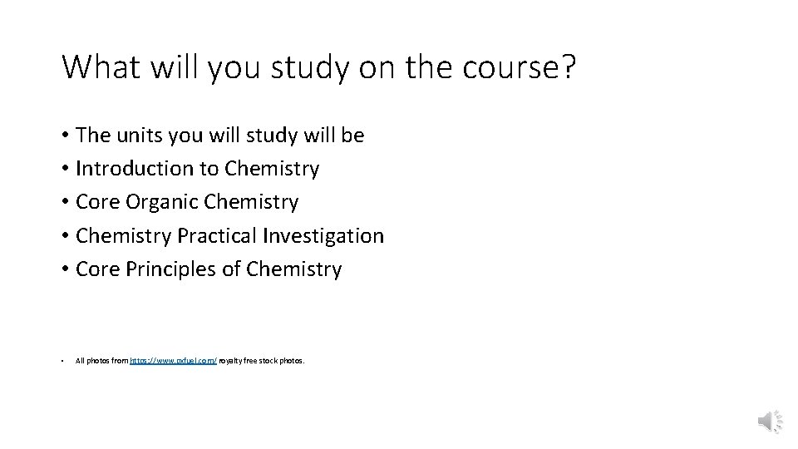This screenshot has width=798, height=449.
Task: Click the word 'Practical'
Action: tap(217, 236)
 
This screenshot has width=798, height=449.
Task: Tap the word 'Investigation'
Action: tap(323, 237)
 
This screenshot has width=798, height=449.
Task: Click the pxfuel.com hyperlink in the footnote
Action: tap(174, 361)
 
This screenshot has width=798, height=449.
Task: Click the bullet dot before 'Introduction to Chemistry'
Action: tap(64, 170)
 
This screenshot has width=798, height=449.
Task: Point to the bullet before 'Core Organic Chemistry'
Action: tap(64, 203)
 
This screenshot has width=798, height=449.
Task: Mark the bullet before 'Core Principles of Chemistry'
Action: tap(64, 270)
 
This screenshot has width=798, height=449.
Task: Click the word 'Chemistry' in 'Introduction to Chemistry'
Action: tap(272, 169)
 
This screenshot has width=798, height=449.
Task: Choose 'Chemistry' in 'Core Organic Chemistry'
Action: tap(250, 203)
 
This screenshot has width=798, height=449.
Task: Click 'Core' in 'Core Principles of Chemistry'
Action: tap(97, 270)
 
